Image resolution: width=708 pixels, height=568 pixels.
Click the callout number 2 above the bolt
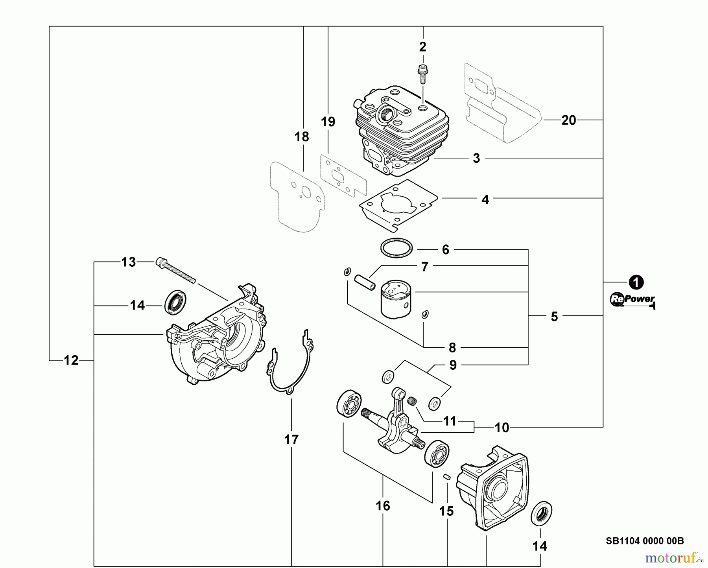[423, 47]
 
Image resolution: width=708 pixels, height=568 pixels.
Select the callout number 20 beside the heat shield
[569, 120]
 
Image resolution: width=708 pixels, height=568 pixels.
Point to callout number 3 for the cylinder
[476, 159]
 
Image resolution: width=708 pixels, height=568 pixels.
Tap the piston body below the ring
[396, 301]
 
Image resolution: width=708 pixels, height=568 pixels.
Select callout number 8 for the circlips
[452, 348]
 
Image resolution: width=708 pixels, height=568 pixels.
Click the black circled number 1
[636, 282]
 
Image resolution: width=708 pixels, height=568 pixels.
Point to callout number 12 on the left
[71, 360]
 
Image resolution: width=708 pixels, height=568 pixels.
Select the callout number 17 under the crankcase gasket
[291, 439]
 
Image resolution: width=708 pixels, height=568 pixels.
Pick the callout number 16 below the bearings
[383, 506]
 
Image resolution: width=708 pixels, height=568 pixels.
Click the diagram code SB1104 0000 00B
[645, 541]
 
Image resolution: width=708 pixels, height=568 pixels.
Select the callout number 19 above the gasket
[328, 122]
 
